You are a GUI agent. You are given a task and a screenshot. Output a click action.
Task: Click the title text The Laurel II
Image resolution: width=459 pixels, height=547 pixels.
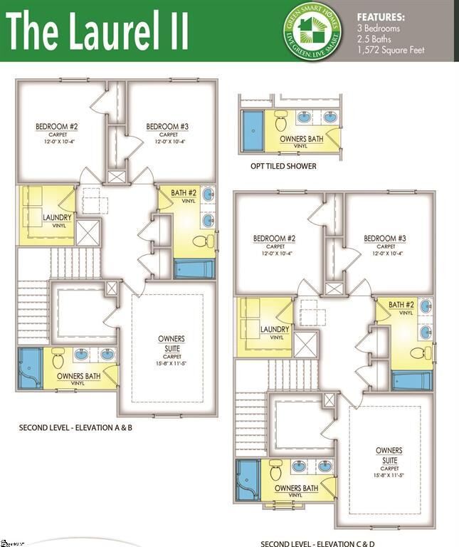[97, 31]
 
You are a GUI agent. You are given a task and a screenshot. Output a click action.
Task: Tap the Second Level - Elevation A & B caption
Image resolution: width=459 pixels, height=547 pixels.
[76, 428]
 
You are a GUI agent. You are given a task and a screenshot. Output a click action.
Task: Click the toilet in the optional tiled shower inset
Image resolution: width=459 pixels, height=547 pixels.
[280, 117]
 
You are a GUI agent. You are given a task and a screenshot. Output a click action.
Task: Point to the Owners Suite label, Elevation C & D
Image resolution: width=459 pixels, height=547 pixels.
[389, 454]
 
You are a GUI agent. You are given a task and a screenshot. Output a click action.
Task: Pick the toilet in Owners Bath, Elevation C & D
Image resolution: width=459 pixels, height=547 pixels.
[276, 470]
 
